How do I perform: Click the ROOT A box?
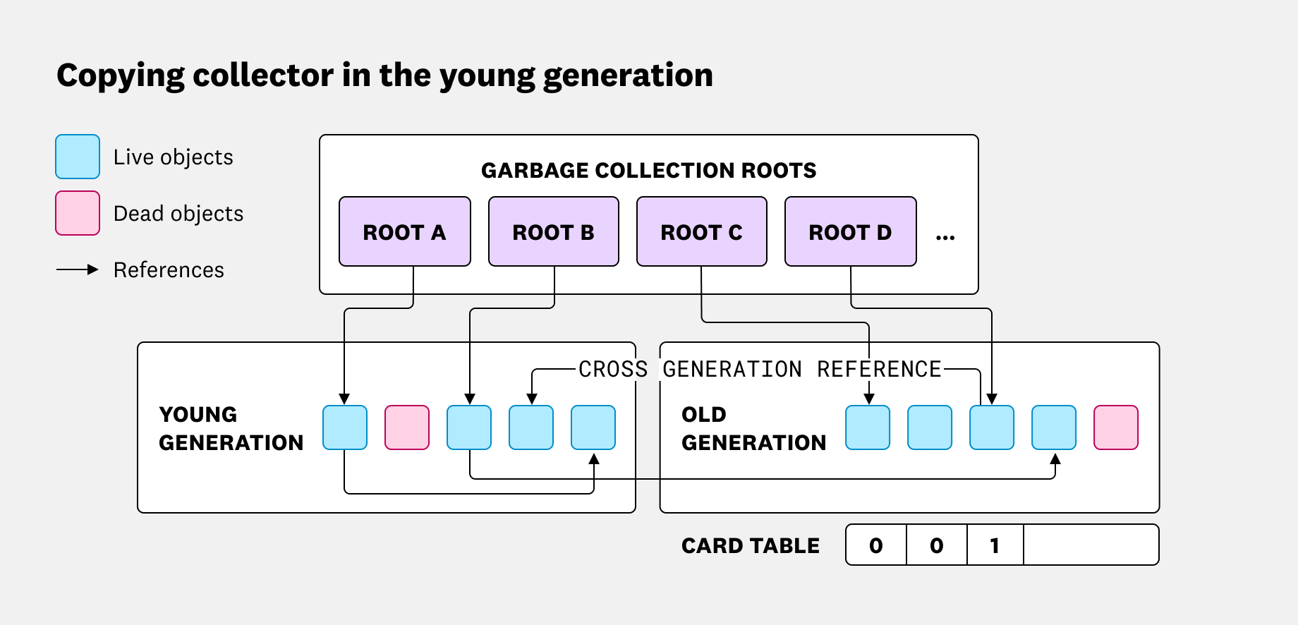point(404,231)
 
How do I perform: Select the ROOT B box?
point(553,231)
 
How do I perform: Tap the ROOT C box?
point(701,231)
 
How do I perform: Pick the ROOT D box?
point(850,231)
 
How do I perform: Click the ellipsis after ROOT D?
point(945,237)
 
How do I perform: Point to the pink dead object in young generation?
point(407,427)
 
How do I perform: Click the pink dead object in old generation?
point(1116,427)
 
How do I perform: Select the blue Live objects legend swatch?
point(78,157)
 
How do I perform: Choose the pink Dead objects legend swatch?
point(78,213)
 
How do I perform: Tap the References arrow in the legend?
point(78,269)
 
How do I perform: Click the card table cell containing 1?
point(995,545)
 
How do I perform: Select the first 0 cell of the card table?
point(876,545)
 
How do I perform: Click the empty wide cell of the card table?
point(1091,545)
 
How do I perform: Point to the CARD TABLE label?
point(750,545)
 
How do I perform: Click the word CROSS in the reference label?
point(612,369)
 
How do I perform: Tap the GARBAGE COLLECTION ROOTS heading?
point(648,170)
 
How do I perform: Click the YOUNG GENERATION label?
point(231,428)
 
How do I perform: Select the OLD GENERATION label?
point(753,428)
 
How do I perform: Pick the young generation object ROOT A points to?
point(345,427)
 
